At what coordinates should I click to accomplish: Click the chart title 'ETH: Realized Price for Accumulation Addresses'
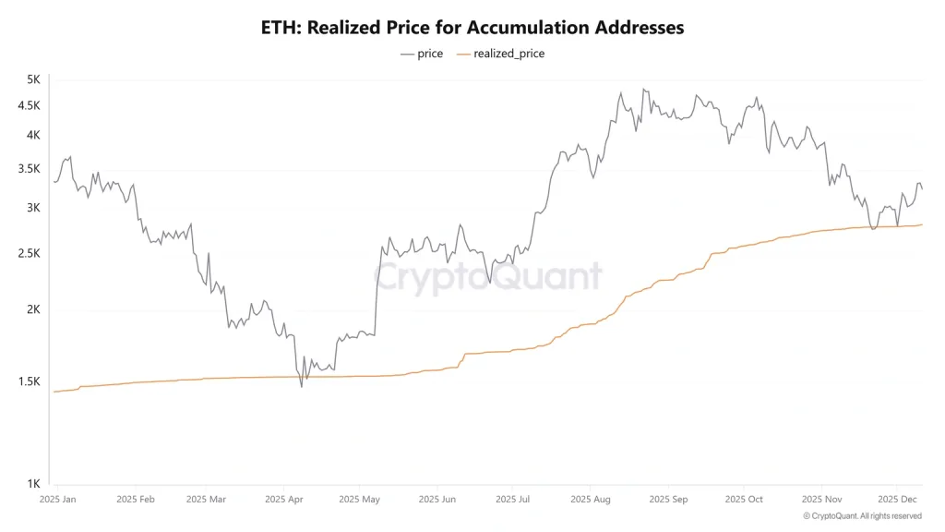[472, 28]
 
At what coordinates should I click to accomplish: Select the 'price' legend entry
[422, 54]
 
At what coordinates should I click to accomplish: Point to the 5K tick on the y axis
[33, 79]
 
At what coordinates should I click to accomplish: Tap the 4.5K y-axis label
[29, 105]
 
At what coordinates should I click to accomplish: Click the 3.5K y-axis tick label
[29, 169]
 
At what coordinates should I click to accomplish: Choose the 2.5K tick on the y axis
[29, 253]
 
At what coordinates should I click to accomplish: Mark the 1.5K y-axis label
[29, 381]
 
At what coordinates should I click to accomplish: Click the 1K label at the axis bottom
[33, 484]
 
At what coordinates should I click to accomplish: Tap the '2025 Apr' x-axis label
[285, 499]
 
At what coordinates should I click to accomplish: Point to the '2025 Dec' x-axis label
[896, 499]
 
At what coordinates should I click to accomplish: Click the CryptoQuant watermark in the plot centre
[487, 276]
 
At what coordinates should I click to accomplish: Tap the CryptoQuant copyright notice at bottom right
[862, 515]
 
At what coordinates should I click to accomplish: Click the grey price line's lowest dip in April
[302, 386]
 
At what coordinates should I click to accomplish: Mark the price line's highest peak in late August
[643, 90]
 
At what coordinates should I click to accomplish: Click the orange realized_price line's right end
[922, 224]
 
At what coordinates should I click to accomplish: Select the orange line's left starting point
[54, 392]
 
